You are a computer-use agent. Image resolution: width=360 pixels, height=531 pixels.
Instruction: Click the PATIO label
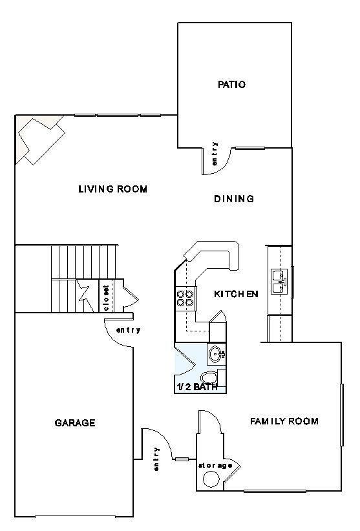click(x=232, y=85)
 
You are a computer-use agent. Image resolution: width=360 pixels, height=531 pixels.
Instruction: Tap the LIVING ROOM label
click(x=113, y=189)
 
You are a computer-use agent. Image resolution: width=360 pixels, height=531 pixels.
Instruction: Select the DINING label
click(x=234, y=199)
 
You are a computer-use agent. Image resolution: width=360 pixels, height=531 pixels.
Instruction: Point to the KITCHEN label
click(x=236, y=294)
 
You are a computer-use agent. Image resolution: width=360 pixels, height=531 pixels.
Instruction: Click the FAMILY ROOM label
click(x=284, y=422)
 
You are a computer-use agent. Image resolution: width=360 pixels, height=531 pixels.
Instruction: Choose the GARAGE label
click(x=75, y=423)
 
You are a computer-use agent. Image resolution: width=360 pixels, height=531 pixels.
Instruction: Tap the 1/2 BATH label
click(x=196, y=387)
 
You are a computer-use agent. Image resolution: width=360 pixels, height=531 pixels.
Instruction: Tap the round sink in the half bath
click(x=216, y=353)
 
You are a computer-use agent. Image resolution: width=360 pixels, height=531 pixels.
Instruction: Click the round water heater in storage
click(x=211, y=479)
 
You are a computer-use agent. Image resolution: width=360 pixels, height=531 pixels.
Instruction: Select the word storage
click(x=215, y=465)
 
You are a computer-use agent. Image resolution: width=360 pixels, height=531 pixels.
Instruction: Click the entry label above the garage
click(x=128, y=331)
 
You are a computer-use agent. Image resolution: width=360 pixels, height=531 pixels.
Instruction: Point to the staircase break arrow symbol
click(x=84, y=292)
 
